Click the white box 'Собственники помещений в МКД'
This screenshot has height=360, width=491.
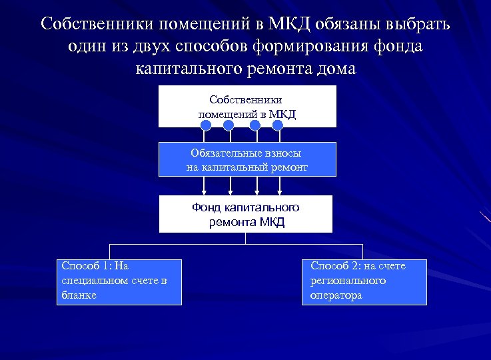247,106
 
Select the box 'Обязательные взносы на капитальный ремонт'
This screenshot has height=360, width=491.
247,159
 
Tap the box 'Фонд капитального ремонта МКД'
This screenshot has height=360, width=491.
246,214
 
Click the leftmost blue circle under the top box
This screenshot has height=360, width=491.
207,125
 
